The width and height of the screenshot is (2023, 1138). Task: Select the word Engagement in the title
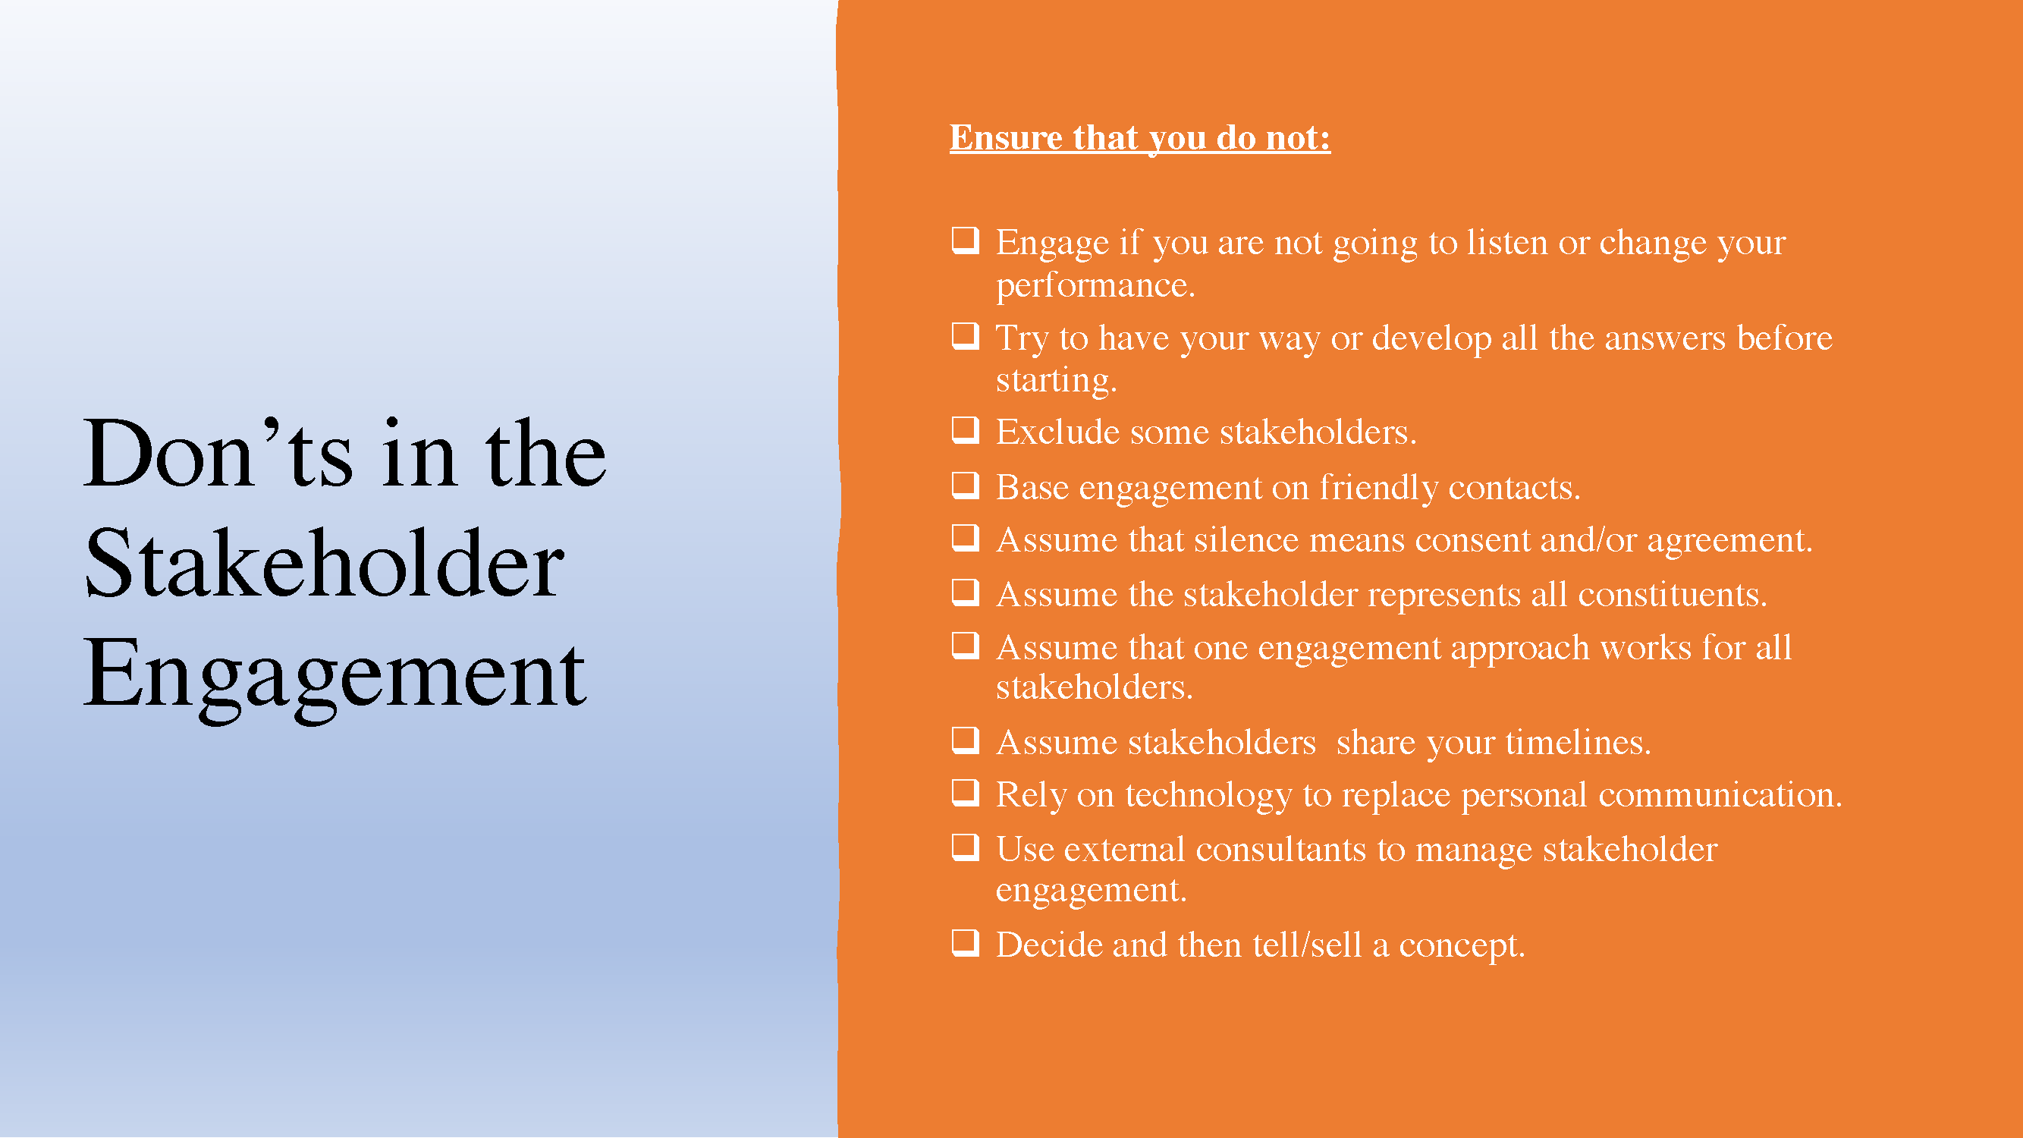point(335,675)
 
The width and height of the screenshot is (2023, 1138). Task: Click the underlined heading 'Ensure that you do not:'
point(1139,137)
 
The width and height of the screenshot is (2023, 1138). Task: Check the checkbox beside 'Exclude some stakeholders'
point(965,429)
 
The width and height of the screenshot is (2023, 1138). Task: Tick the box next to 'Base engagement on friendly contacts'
point(965,485)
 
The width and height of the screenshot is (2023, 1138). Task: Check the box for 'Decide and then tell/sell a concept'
point(965,942)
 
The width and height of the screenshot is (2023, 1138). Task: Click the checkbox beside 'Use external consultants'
point(965,847)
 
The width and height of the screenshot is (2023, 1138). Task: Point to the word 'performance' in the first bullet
point(1095,286)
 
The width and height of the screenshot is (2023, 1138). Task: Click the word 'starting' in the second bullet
point(1055,381)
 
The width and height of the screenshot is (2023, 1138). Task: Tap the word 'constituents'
point(1672,595)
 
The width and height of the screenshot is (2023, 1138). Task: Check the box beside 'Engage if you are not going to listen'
point(965,240)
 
